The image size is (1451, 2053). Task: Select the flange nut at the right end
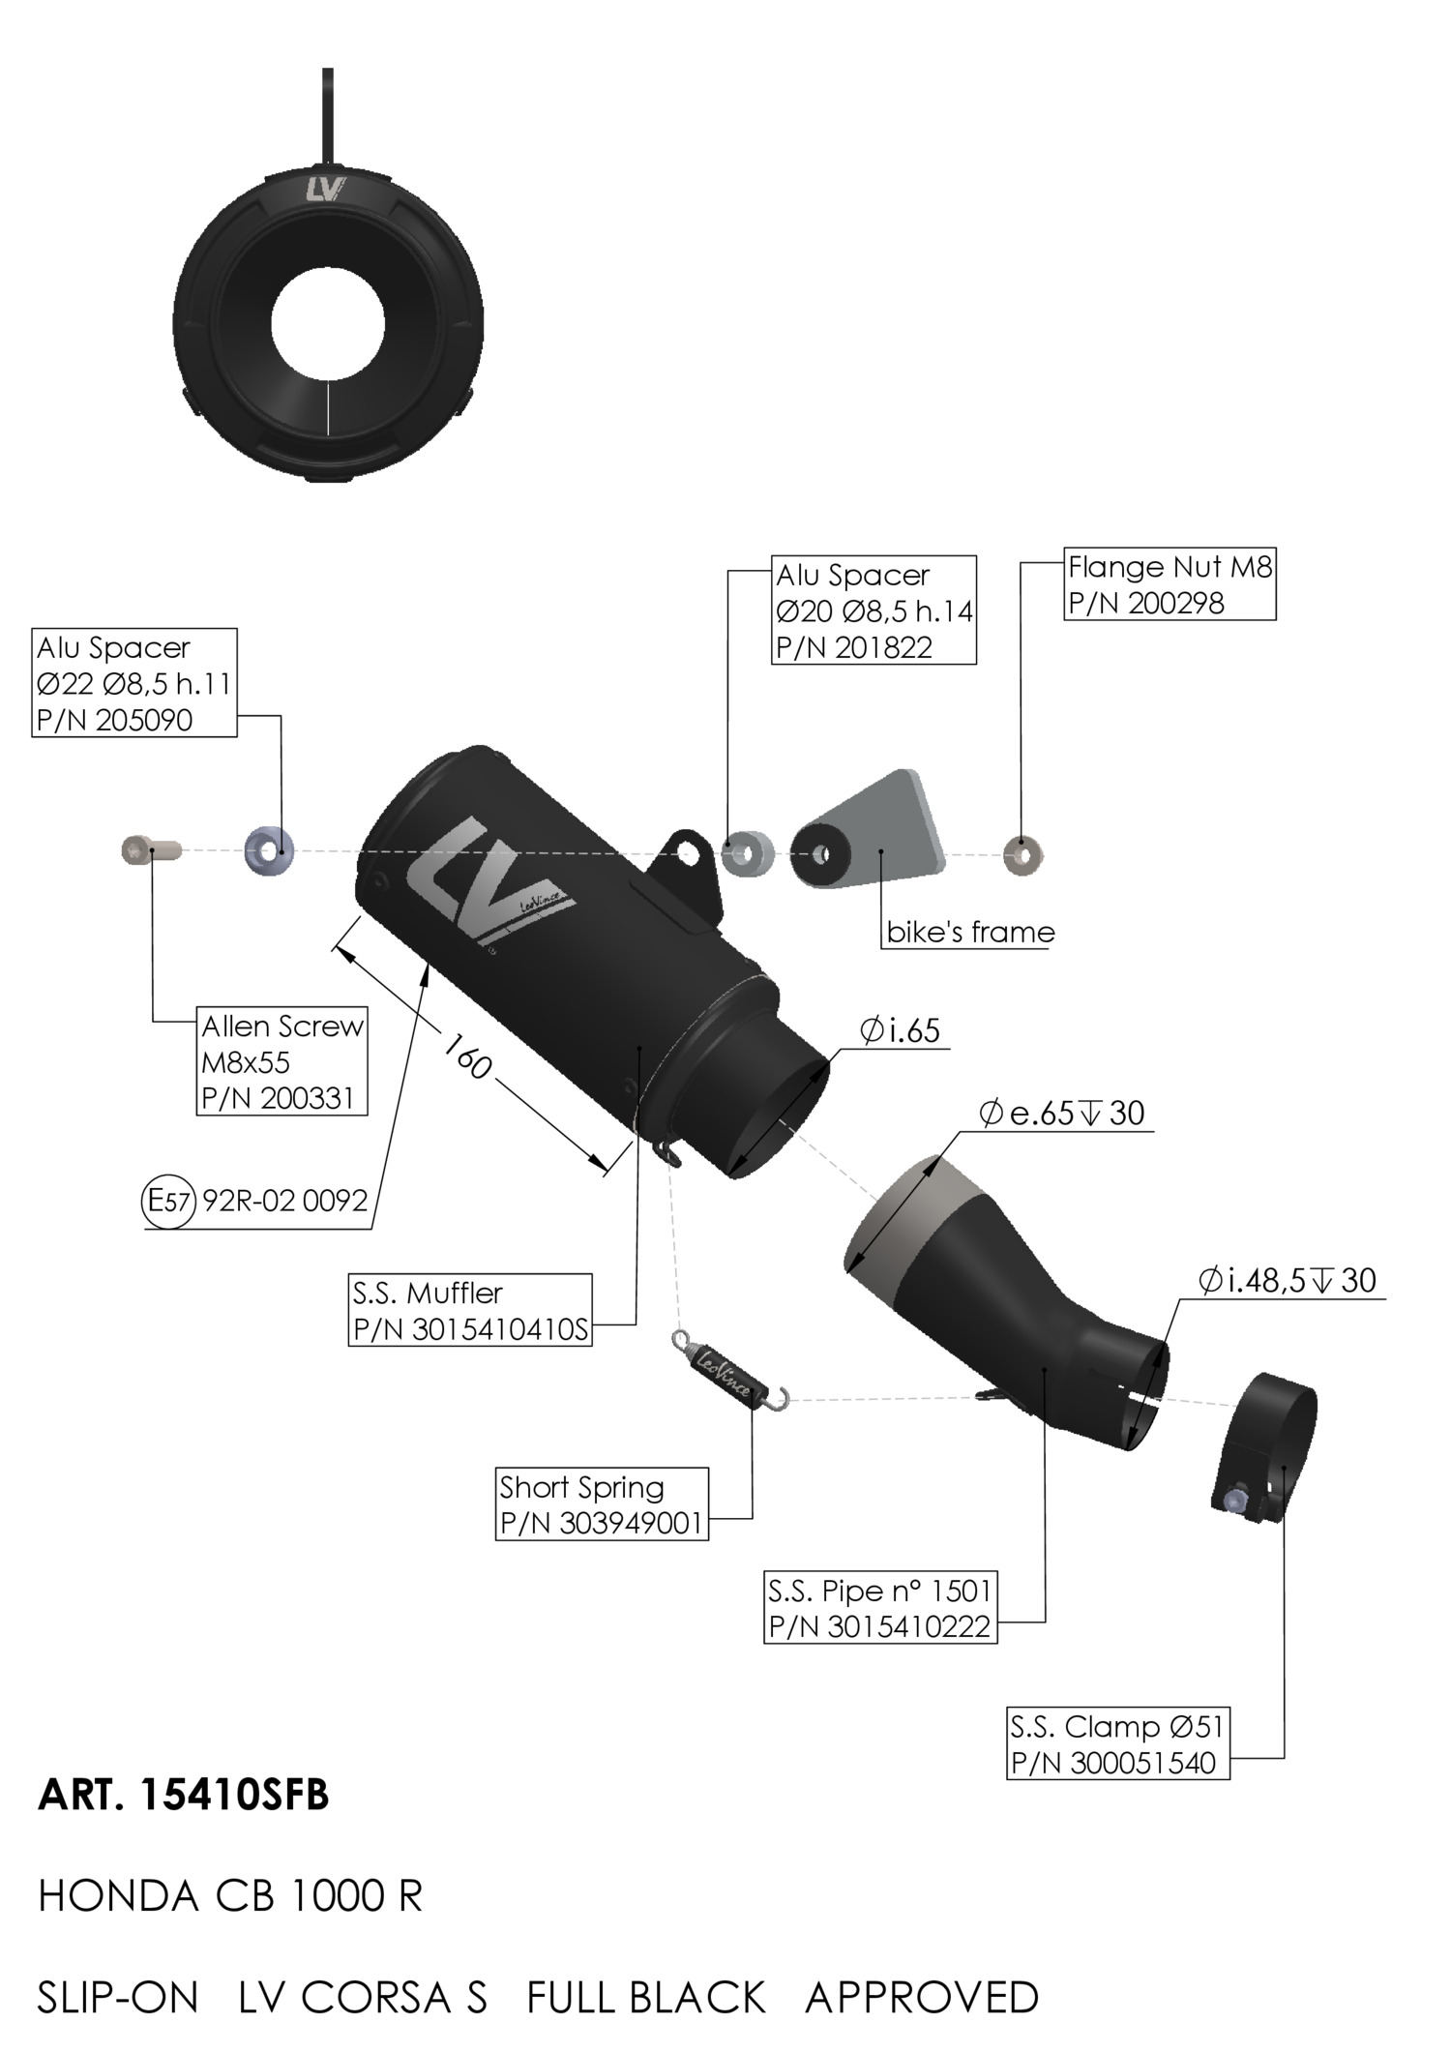click(1022, 855)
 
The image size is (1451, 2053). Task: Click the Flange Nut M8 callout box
click(1170, 584)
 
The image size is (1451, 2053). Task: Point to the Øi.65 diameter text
click(901, 1030)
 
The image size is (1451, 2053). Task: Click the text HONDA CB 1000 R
click(230, 1896)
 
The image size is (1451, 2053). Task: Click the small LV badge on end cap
click(327, 190)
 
